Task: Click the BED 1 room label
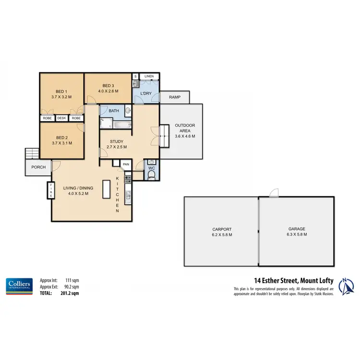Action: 60,91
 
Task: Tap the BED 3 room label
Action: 108,85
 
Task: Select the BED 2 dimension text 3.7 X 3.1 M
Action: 60,143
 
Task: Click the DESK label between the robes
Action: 61,118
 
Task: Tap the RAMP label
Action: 175,97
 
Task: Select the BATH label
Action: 114,111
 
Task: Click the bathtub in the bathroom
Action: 115,125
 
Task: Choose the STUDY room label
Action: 117,141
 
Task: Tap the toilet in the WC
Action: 151,176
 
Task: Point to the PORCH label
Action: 38,168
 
